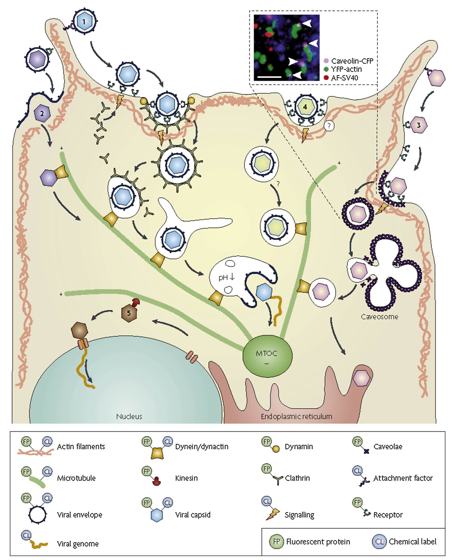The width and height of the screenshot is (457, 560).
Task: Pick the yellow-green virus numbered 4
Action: point(305,107)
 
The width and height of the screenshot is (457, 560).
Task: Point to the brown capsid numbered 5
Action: point(129,313)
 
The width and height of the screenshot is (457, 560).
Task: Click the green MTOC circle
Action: point(267,356)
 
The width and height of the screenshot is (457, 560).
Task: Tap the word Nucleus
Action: point(129,416)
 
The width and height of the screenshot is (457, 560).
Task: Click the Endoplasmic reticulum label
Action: point(296,416)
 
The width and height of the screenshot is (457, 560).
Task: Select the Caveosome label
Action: point(379,317)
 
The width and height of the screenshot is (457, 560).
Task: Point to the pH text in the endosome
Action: point(224,277)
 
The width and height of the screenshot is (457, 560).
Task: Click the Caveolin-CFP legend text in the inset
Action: point(352,61)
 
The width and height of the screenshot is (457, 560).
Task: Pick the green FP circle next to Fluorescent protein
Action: point(276,542)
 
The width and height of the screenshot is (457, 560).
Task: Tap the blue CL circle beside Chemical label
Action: point(379,542)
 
